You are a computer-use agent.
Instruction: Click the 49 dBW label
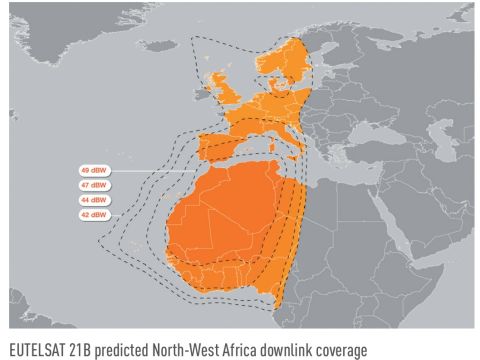tap(94, 171)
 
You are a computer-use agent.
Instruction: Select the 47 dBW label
tap(94, 186)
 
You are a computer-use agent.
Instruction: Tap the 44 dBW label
tap(94, 200)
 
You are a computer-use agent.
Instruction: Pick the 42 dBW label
tap(94, 215)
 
